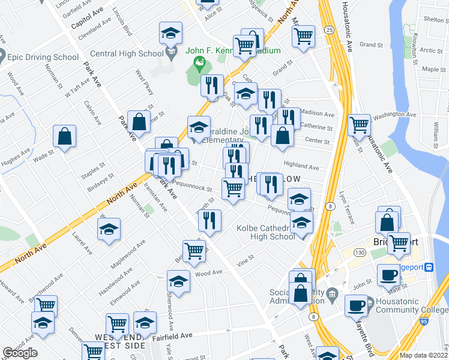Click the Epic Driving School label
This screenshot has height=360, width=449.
point(43,58)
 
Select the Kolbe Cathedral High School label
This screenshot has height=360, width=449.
point(266,232)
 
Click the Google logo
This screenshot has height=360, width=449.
point(20,353)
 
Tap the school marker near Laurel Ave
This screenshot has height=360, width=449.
point(109,229)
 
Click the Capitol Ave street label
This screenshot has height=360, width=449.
point(88,23)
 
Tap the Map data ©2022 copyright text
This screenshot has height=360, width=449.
point(424,355)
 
